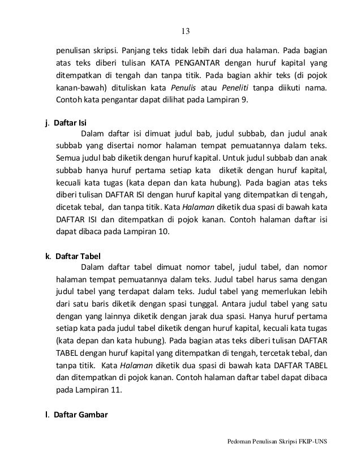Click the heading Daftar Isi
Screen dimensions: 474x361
pyautogui.click(x=70, y=122)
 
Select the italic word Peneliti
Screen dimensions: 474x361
pyautogui.click(x=252, y=88)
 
